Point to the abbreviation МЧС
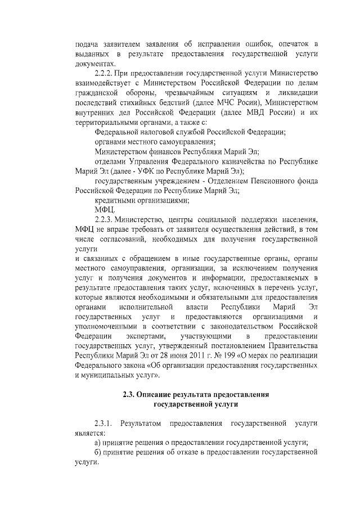coord(226,103)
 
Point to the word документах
coord(94,64)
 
